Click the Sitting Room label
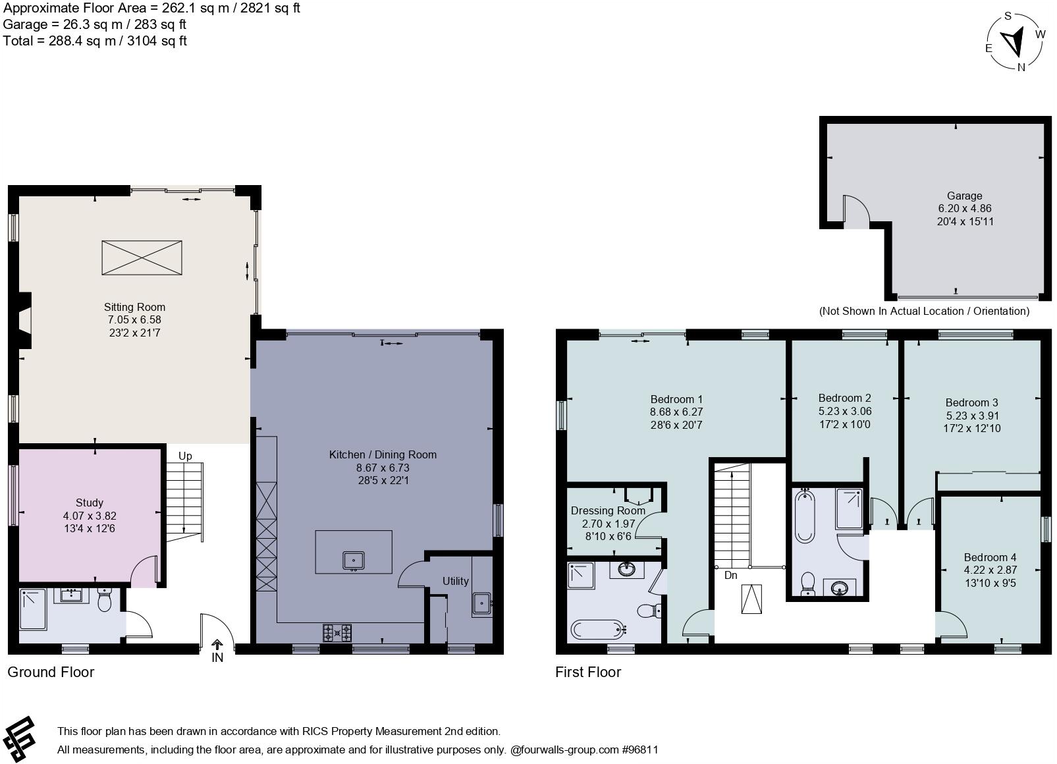134,307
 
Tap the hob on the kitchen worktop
337,633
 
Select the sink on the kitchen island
354,560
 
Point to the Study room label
90,503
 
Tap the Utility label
455,581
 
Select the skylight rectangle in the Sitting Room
142,258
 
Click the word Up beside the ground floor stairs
186,456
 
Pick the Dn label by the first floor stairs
730,575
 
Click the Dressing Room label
607,510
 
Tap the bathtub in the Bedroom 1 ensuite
597,630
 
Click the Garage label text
965,196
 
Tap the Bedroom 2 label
844,398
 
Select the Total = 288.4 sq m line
95,41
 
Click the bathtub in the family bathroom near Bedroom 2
805,515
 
